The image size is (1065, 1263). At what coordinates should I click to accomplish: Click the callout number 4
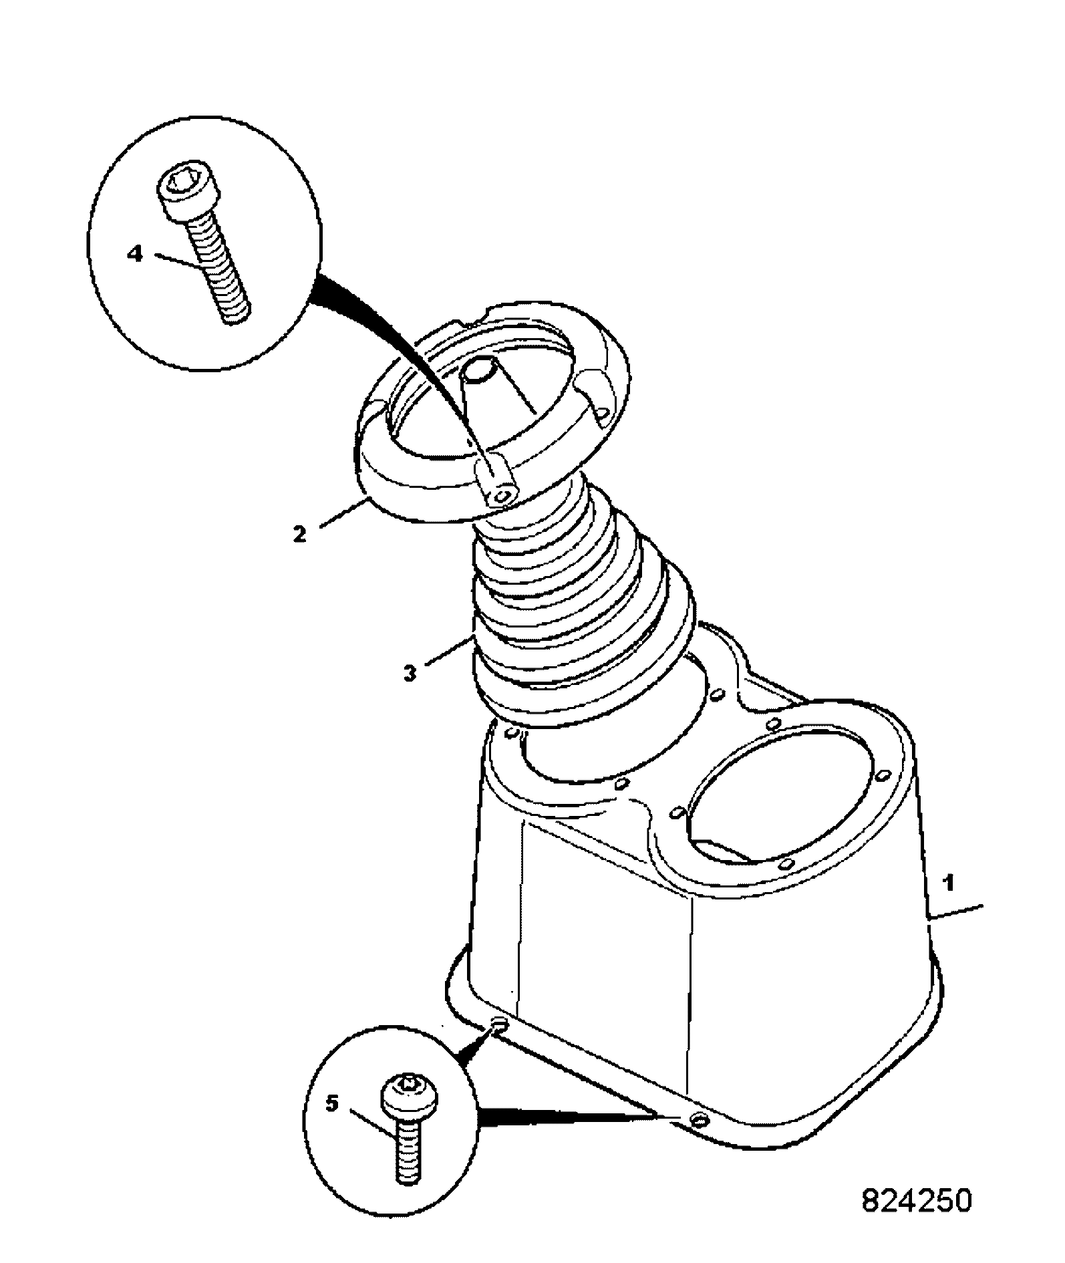[x=136, y=255]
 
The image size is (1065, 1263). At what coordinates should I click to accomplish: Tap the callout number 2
[x=299, y=534]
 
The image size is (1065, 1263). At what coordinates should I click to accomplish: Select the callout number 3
[x=410, y=672]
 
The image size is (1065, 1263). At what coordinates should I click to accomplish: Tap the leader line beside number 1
[x=956, y=914]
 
